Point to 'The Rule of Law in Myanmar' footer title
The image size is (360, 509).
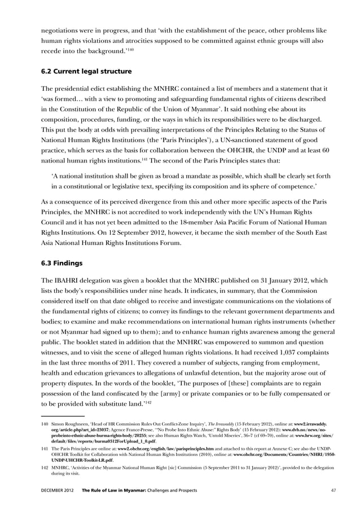point(117,490)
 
